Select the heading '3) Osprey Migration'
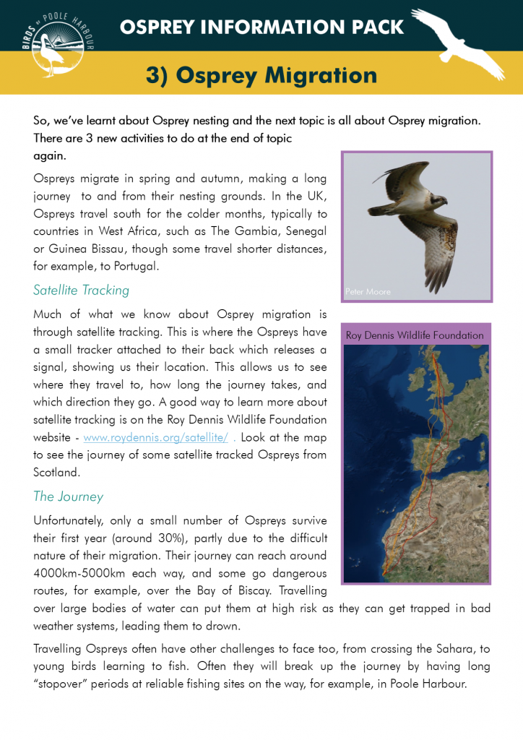261,75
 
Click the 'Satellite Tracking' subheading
81,291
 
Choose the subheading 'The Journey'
68,496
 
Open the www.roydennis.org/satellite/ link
156,438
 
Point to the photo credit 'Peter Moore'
368,292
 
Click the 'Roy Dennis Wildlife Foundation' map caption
415,335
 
